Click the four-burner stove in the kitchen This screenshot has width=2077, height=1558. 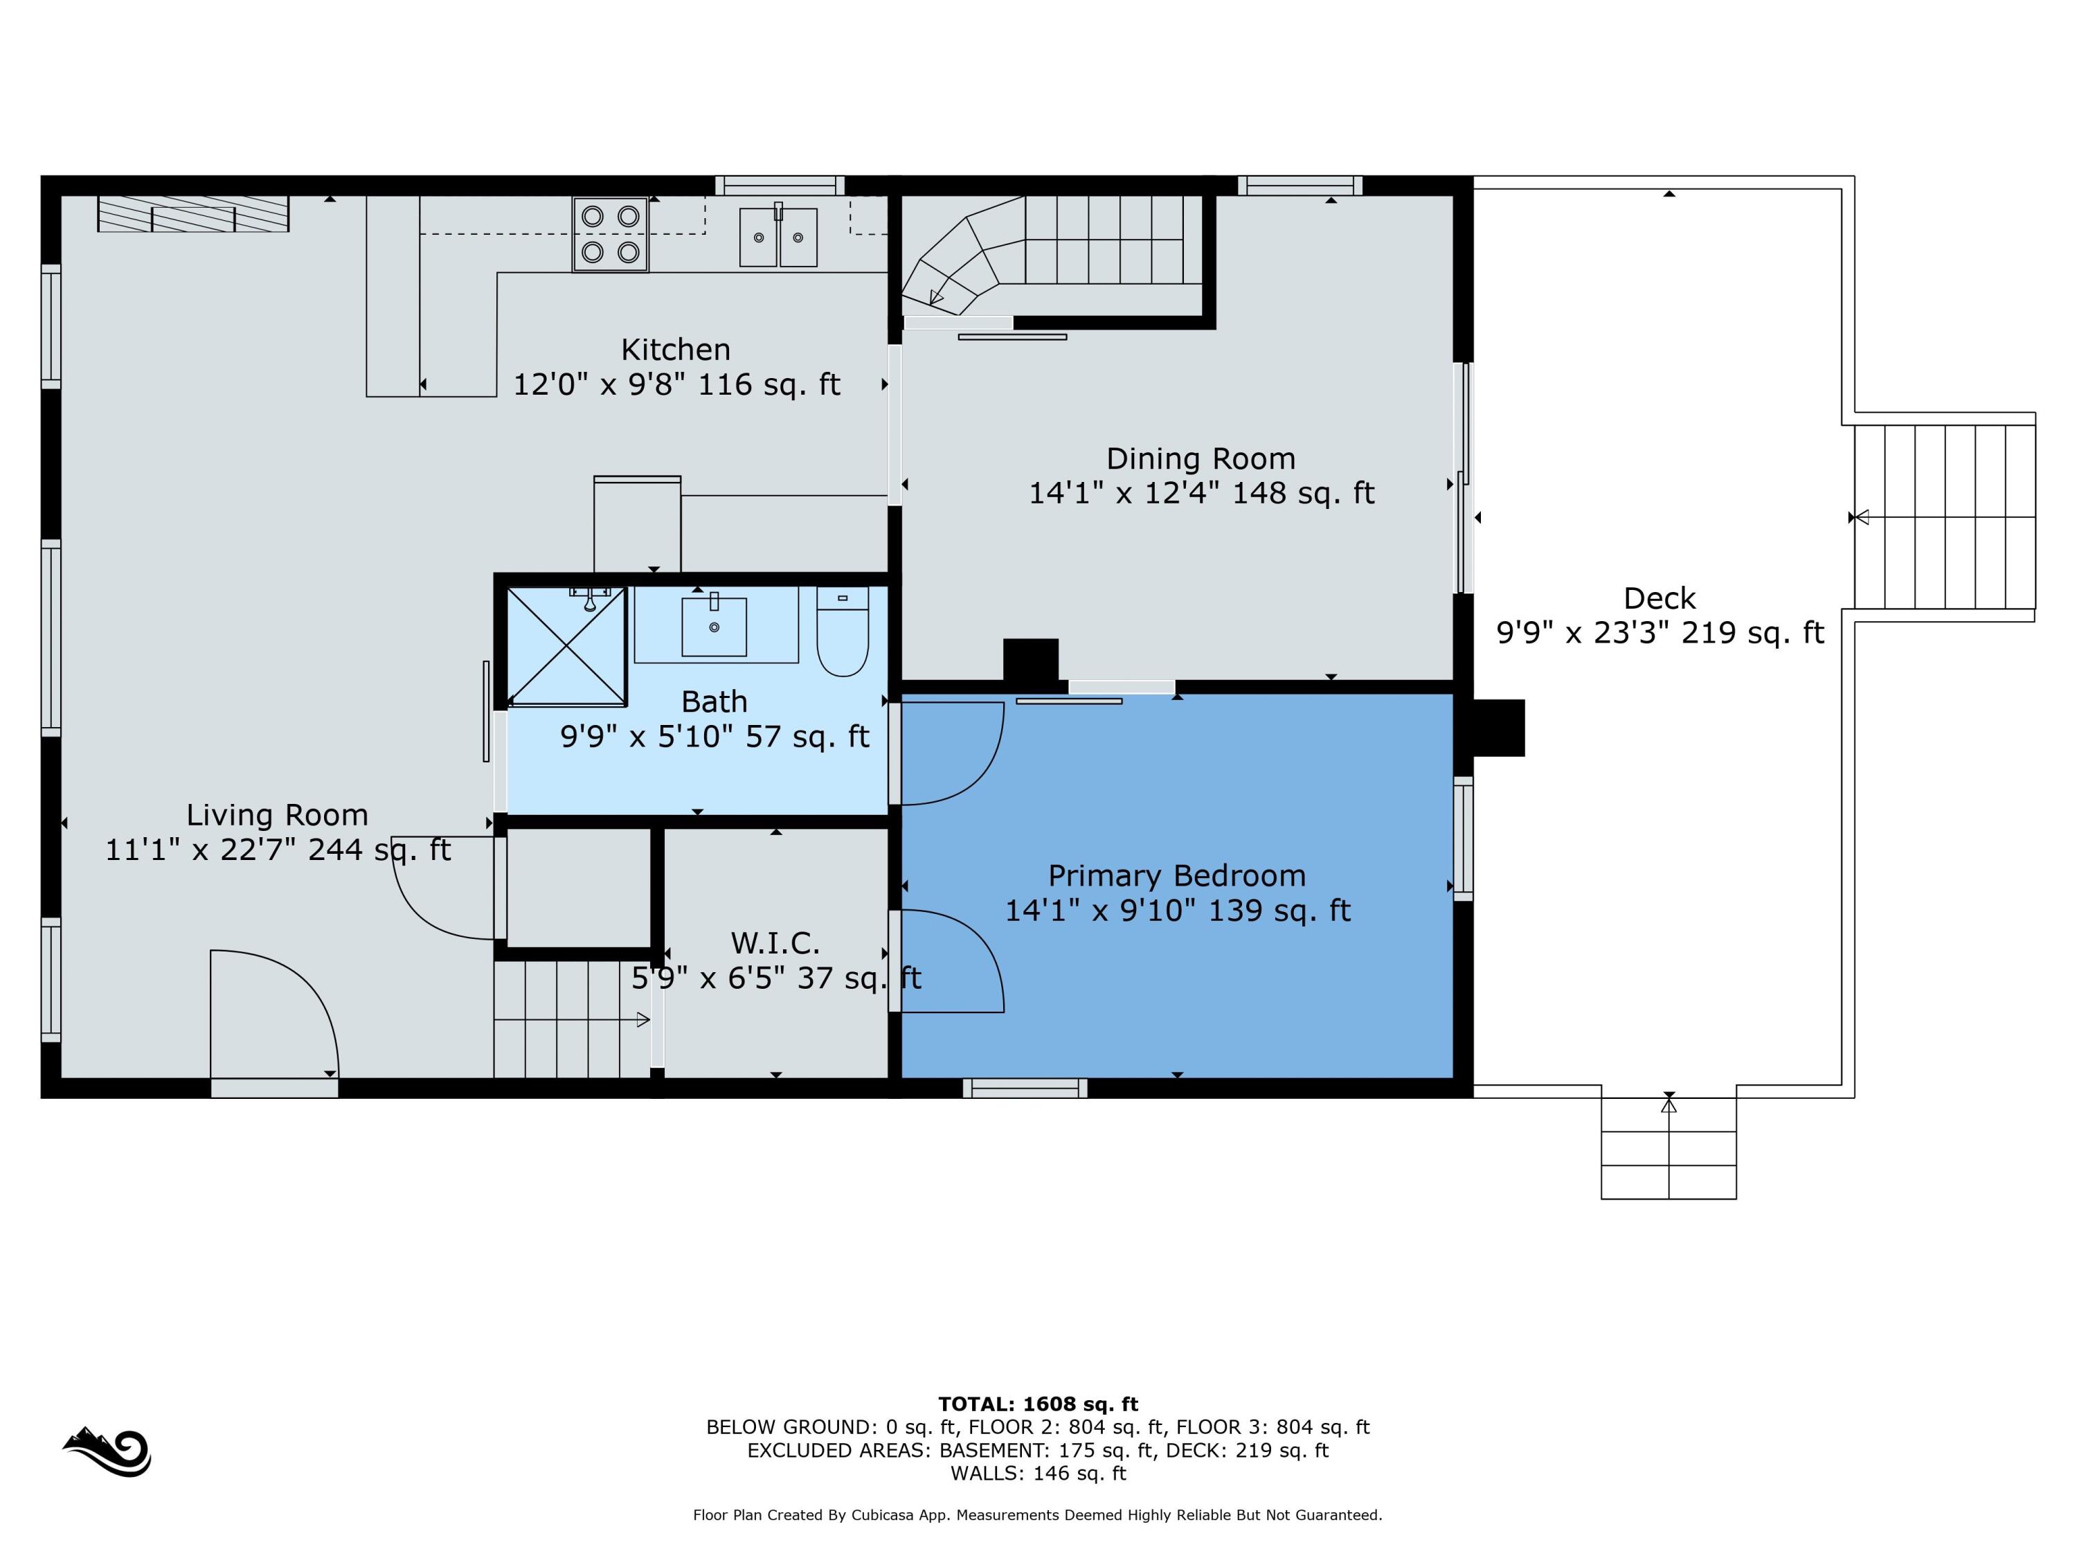(611, 235)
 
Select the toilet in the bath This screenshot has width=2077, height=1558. (843, 631)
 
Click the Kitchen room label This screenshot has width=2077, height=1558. (675, 350)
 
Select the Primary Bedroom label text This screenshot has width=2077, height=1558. (1176, 875)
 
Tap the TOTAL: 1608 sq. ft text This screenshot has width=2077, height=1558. (1038, 1404)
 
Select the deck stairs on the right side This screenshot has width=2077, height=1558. (1943, 517)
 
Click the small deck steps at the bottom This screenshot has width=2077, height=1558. (1668, 1147)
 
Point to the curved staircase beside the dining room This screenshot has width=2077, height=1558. (1051, 253)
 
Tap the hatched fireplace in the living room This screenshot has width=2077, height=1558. (192, 213)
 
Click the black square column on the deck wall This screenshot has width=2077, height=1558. (1499, 728)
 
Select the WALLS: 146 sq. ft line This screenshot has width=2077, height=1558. (1038, 1473)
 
